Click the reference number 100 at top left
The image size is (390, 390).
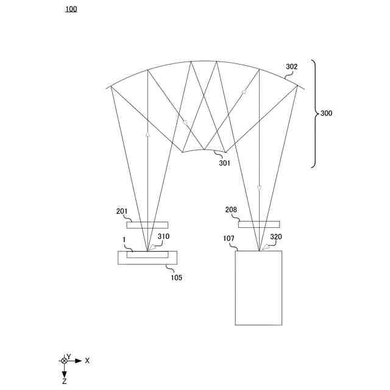[71, 9]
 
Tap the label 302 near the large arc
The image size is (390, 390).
[292, 67]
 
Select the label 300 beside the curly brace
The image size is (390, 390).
[326, 113]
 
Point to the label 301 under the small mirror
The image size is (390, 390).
[225, 163]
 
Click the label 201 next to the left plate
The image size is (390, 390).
[122, 211]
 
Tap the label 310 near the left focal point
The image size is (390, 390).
[163, 236]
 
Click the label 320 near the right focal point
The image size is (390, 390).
[277, 236]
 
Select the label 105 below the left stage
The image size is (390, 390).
[176, 277]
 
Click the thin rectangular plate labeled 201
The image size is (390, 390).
[147, 225]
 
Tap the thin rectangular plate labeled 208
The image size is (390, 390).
[259, 224]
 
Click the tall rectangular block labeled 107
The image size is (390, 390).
[258, 288]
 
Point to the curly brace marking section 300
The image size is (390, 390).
[314, 113]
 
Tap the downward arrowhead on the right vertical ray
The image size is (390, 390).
[259, 188]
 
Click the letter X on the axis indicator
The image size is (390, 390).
[87, 361]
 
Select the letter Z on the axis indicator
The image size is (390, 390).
[65, 381]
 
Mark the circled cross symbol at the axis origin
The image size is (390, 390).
[64, 361]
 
